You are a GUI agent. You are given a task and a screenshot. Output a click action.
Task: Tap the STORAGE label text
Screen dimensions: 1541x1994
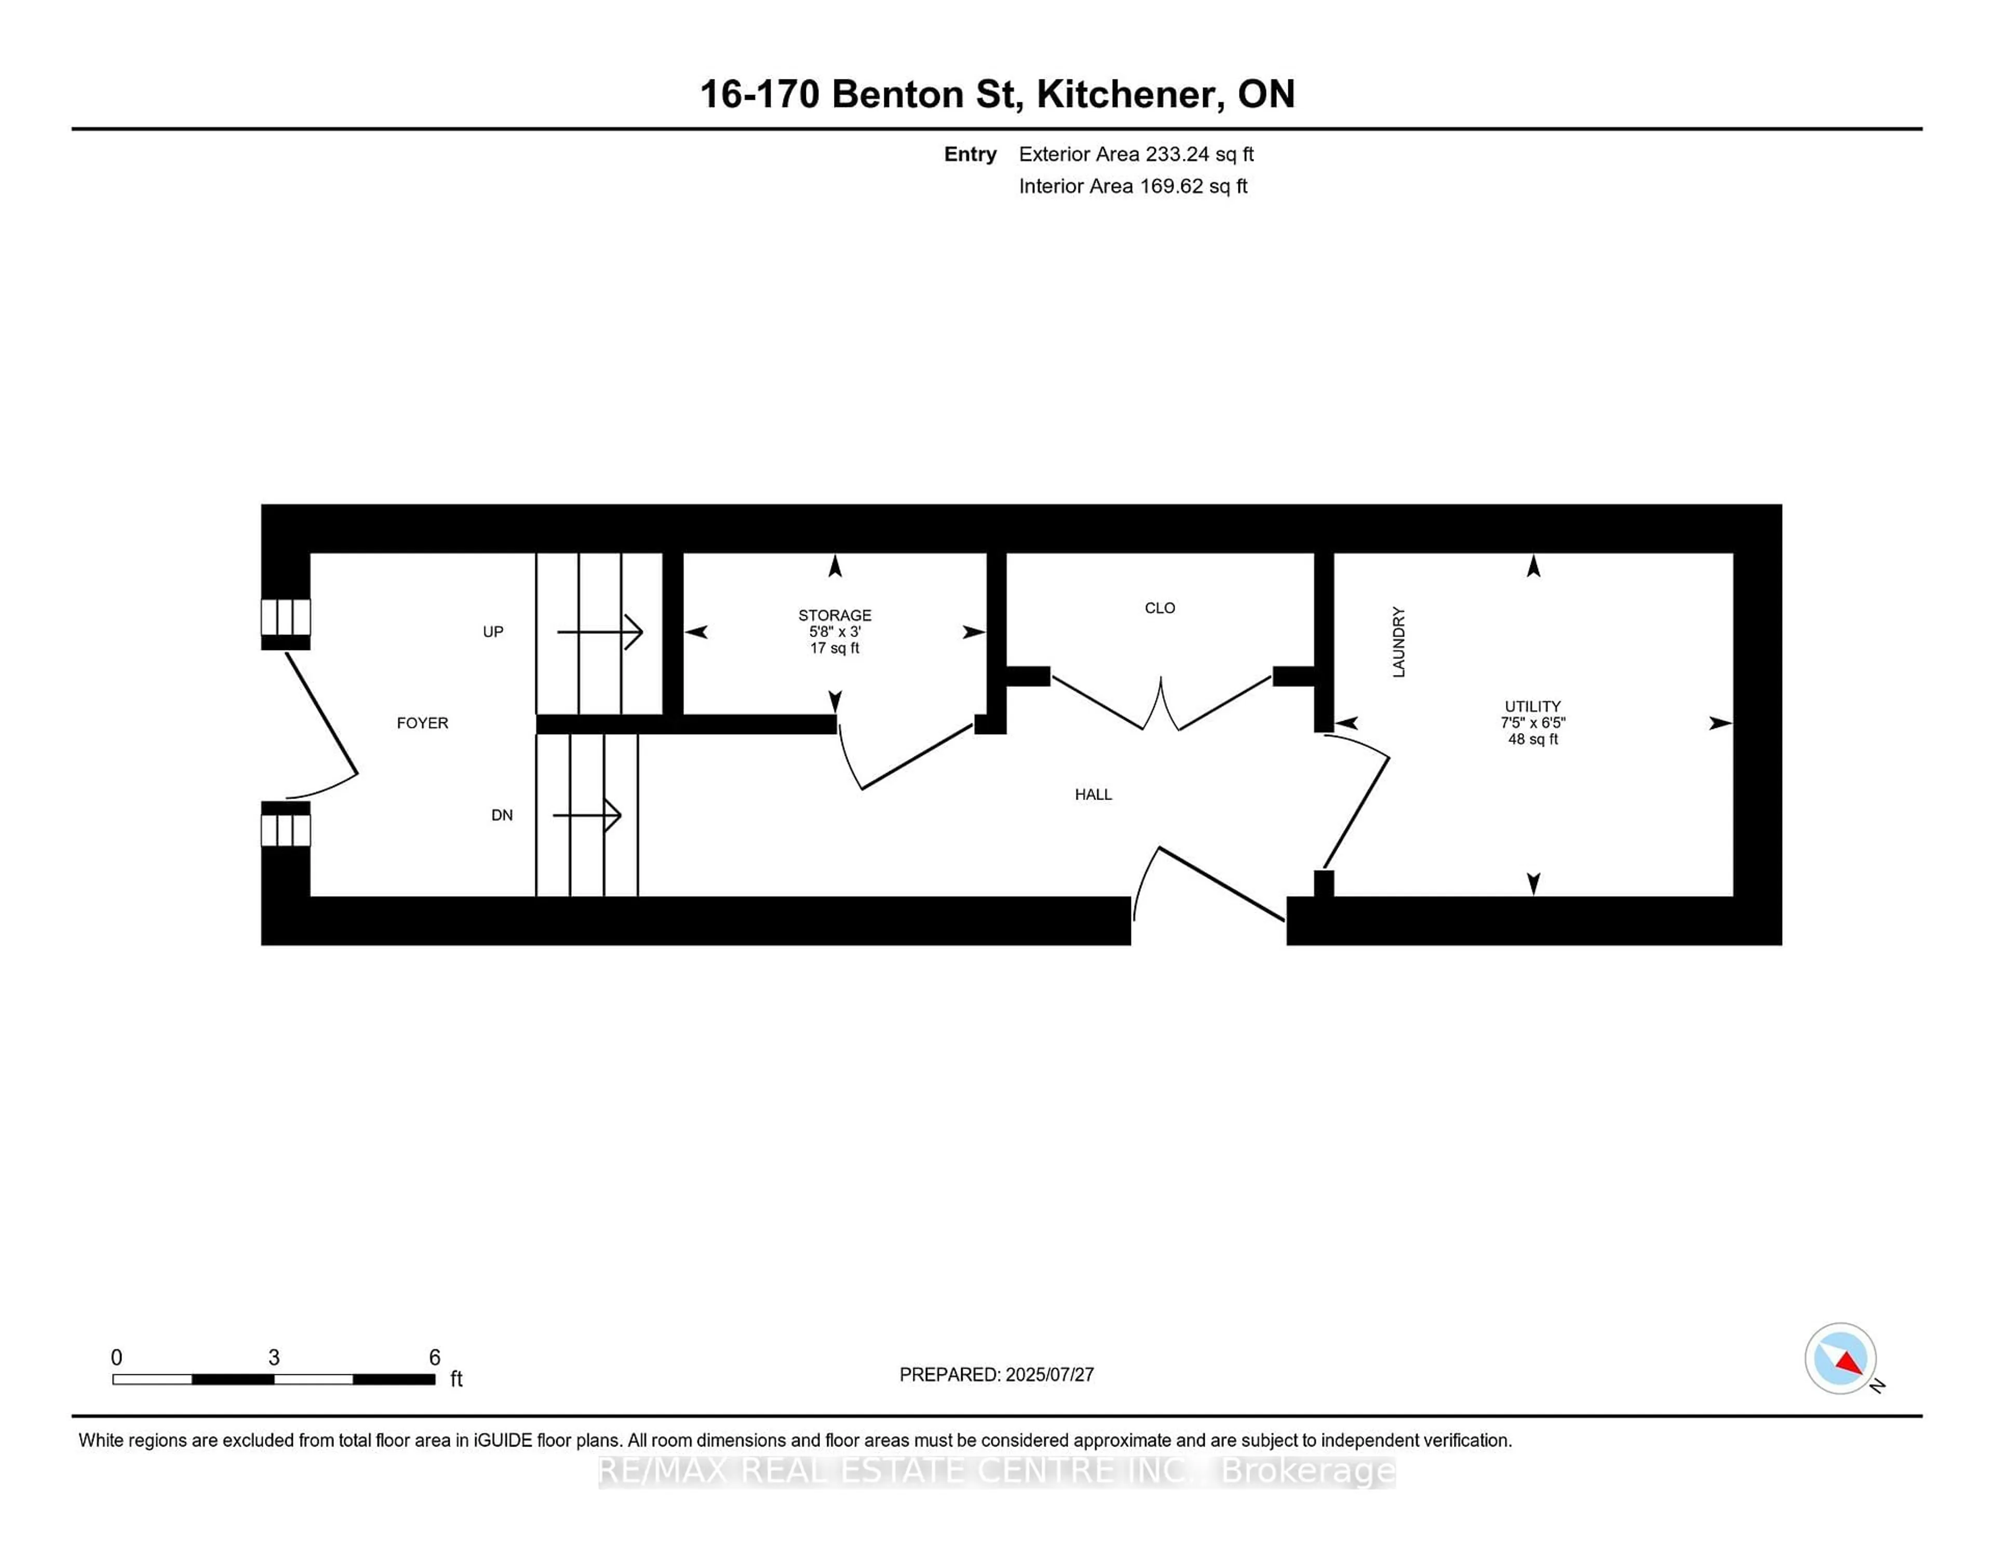click(x=834, y=615)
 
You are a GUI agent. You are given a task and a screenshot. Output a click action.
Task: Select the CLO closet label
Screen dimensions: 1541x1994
click(x=1160, y=608)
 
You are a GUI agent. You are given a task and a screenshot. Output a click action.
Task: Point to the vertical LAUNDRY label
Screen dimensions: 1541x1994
click(x=1398, y=642)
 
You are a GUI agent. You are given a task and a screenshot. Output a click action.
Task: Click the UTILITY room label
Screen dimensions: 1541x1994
click(x=1532, y=707)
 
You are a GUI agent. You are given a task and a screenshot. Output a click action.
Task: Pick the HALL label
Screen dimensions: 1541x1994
click(x=1093, y=795)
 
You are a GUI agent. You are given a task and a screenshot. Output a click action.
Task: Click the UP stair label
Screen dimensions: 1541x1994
click(x=493, y=632)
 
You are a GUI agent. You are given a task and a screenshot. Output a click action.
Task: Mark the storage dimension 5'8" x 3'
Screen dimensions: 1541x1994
click(x=834, y=632)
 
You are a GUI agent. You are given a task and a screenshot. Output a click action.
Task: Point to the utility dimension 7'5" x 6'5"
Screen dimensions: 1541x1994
click(x=1532, y=723)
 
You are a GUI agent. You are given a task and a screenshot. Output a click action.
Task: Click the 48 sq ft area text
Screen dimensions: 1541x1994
click(x=1532, y=739)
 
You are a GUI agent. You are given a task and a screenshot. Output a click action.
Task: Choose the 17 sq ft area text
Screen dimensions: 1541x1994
click(x=834, y=648)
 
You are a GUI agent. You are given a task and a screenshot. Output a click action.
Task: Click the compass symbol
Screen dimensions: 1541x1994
click(x=1840, y=1358)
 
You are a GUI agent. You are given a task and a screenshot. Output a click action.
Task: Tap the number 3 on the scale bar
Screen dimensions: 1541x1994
click(x=274, y=1358)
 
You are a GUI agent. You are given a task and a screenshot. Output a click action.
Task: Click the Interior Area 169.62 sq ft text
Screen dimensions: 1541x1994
click(x=1132, y=186)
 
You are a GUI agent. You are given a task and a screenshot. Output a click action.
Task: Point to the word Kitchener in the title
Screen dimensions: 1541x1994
click(x=1129, y=94)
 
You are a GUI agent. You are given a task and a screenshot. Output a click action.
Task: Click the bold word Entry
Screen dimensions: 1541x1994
click(x=969, y=154)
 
